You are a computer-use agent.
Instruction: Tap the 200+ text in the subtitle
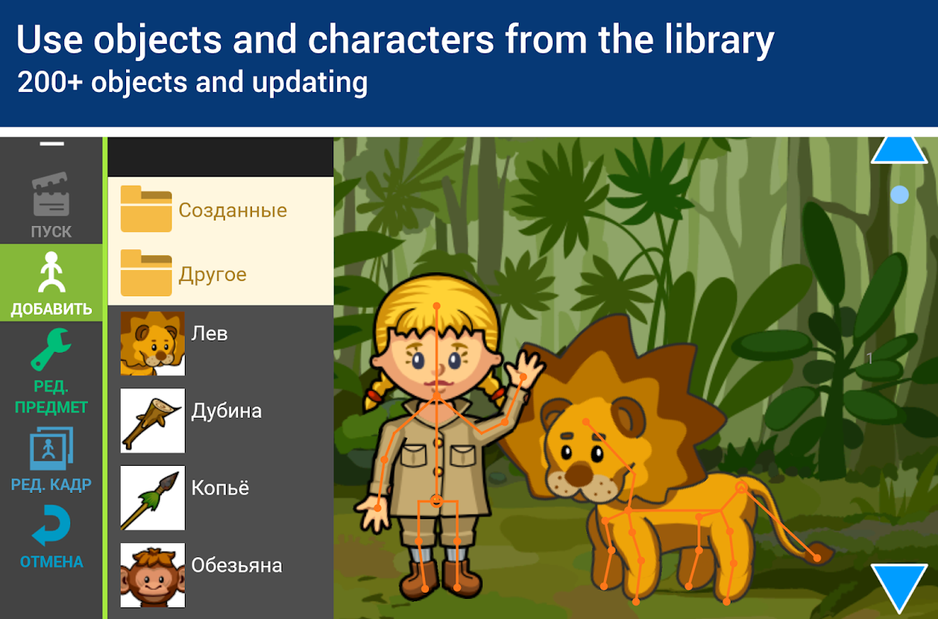[49, 82]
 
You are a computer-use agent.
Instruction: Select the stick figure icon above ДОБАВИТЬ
[52, 272]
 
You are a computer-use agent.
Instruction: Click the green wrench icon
[51, 350]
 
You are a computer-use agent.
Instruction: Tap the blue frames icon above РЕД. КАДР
[51, 449]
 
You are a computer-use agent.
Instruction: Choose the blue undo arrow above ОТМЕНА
[51, 525]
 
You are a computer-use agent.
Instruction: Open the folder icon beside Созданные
[146, 209]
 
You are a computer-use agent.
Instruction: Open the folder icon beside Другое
[146, 273]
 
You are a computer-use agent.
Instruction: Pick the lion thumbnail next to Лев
[152, 344]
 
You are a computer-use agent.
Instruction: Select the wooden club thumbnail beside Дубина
[152, 420]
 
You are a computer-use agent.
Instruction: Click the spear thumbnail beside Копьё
[152, 498]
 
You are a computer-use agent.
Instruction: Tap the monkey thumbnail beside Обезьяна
[152, 575]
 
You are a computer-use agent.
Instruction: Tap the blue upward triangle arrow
[899, 150]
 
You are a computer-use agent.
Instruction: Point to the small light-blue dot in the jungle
[899, 195]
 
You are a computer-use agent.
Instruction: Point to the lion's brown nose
[578, 474]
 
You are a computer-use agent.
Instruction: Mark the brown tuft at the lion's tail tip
[820, 554]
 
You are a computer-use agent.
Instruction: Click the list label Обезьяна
[237, 566]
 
